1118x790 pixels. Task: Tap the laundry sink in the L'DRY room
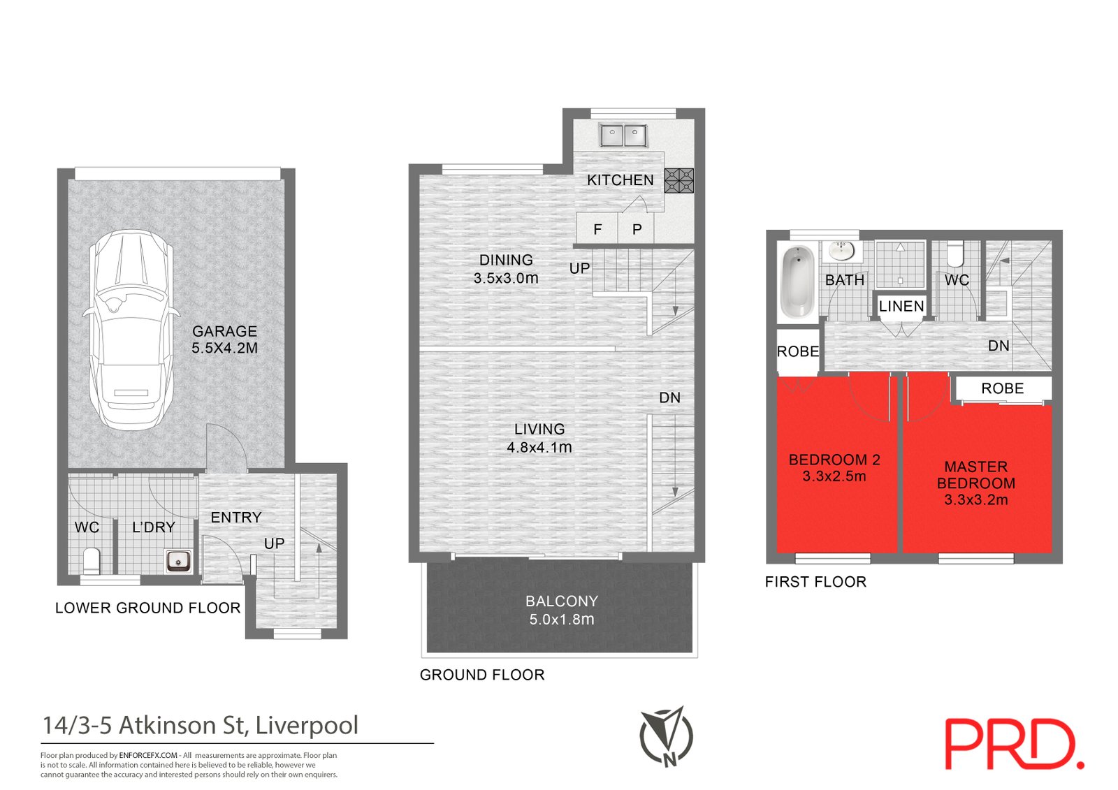(178, 560)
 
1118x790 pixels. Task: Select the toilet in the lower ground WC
(91, 560)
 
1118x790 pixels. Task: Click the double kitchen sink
(623, 135)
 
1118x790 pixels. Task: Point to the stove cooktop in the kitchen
(678, 180)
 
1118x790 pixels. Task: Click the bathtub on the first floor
(797, 281)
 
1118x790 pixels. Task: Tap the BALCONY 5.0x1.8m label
(562, 610)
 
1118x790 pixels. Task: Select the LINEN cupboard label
(901, 306)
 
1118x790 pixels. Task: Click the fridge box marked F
(597, 228)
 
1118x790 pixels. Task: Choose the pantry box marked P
(637, 228)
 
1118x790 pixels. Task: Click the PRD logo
(1014, 744)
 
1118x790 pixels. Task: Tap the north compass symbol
(666, 736)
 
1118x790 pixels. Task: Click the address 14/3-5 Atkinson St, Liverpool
(201, 725)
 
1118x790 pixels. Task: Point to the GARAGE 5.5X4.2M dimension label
(225, 339)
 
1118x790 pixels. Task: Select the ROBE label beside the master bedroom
(1002, 388)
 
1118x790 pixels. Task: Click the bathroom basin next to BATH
(842, 250)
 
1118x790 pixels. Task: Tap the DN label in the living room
(669, 397)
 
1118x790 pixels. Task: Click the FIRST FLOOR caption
(815, 582)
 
